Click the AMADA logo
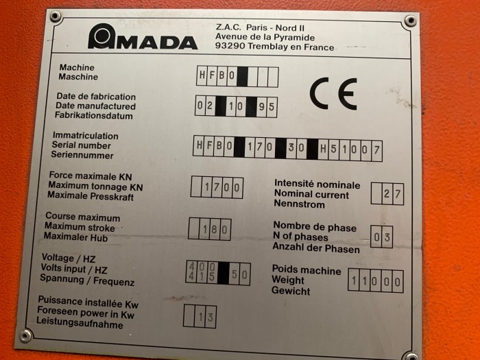coord(143,36)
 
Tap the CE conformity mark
coord(333,94)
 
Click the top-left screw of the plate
coord(56,16)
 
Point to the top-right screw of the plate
coord(411,21)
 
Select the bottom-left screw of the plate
coord(25,336)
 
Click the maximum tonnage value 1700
coord(222,187)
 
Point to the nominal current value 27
coord(392,193)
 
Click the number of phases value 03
coord(382,237)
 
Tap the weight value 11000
coord(376,281)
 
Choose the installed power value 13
coord(206,317)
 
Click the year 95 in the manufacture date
coord(267,107)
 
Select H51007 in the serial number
coord(350,149)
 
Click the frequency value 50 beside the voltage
coord(239,274)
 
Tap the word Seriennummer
coord(82,155)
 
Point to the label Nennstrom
coord(299,204)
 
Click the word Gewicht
coord(291,291)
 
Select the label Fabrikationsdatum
coord(94,115)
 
